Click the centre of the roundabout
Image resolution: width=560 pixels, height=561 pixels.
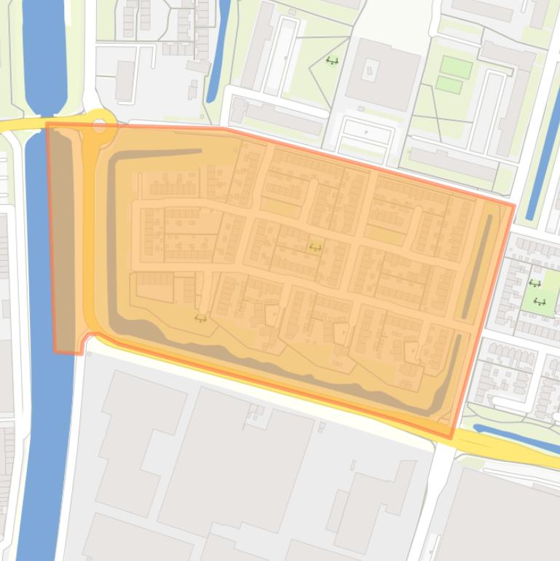pyautogui.click(x=100, y=125)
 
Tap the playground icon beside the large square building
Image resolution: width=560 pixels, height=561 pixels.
pyautogui.click(x=332, y=61)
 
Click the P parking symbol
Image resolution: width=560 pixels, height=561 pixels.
pyautogui.click(x=366, y=132)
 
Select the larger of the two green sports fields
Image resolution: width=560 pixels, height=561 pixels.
pyautogui.click(x=456, y=68)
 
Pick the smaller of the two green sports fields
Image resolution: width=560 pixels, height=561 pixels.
pyautogui.click(x=449, y=85)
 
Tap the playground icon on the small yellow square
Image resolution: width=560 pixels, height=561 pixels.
pyautogui.click(x=315, y=248)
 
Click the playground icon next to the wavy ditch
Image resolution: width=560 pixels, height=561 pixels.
pyautogui.click(x=200, y=318)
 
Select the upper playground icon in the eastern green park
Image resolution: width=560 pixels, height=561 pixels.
pyautogui.click(x=535, y=283)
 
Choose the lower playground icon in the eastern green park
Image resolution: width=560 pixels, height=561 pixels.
pyautogui.click(x=540, y=301)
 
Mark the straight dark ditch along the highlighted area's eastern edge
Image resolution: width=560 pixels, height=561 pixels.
pyautogui.click(x=476, y=266)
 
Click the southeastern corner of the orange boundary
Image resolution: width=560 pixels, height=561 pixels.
pyautogui.click(x=451, y=438)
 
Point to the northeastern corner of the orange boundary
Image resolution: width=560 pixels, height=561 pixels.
pyautogui.click(x=514, y=205)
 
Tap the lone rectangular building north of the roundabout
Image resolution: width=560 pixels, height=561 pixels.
pyautogui.click(x=125, y=79)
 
